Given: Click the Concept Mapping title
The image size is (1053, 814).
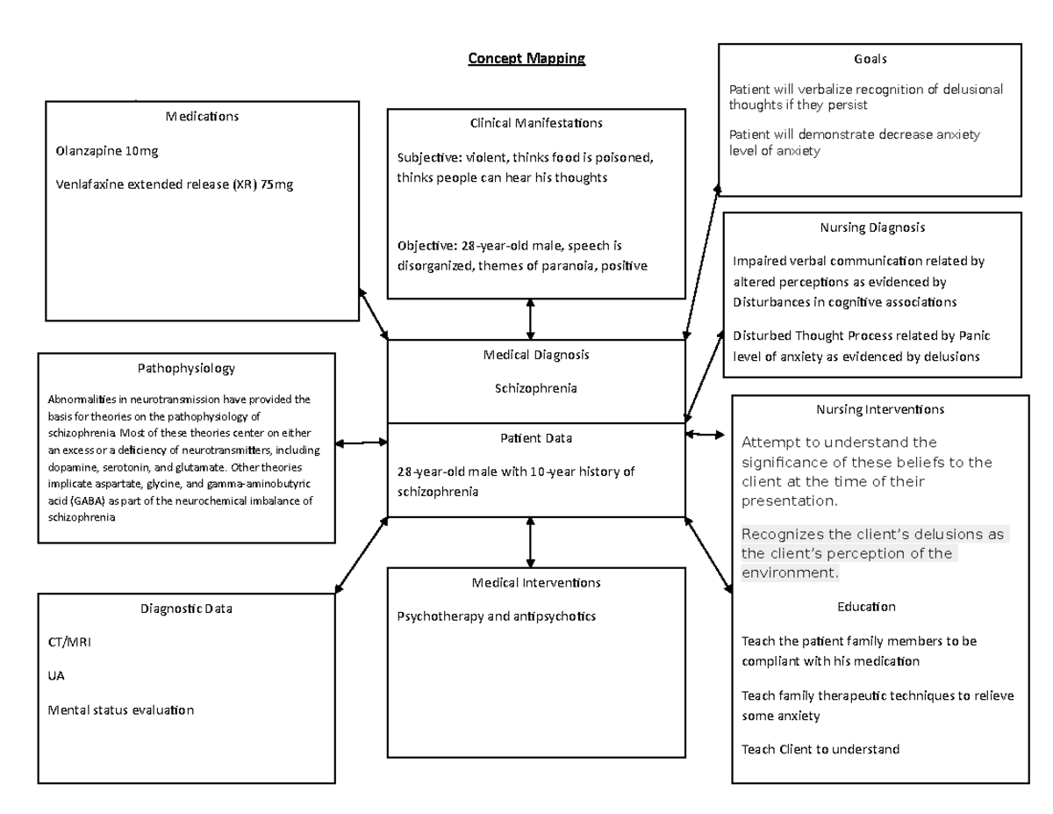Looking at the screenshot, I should [526, 59].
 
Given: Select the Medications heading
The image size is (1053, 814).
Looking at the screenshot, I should [202, 116].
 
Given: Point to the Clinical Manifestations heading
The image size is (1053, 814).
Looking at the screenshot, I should [536, 123].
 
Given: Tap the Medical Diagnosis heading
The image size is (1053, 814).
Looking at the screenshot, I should [535, 355].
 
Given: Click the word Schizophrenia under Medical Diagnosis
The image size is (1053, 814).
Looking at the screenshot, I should [535, 388].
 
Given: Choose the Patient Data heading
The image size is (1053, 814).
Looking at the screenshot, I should [535, 437].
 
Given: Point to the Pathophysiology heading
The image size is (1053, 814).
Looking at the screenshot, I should [186, 369].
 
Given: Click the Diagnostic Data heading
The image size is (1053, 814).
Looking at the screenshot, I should [186, 608].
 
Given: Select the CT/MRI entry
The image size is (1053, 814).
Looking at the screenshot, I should [69, 642].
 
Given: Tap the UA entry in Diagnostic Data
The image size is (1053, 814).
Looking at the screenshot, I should [56, 676].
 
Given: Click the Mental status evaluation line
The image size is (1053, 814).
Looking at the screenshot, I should [120, 710].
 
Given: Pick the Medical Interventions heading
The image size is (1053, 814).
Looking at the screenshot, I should [535, 582].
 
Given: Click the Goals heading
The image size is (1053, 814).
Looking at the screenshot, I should [870, 59].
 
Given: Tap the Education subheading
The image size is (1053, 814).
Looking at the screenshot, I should [866, 607].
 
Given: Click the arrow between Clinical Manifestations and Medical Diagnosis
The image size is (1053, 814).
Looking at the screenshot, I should [530, 319].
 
